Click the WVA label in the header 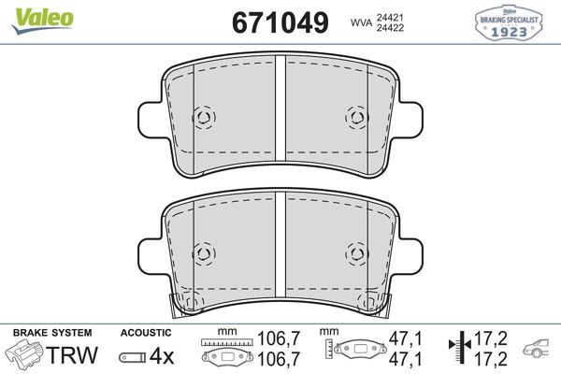click(361, 22)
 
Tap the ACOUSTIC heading click(146, 333)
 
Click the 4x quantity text click(163, 355)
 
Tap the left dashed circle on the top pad click(203, 118)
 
